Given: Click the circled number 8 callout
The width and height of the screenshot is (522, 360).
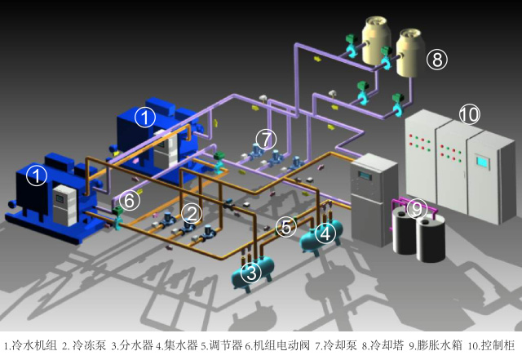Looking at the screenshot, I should [x=437, y=59].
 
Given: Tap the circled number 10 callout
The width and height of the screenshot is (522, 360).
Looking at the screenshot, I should [x=469, y=115].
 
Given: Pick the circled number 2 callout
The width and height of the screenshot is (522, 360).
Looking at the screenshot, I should [x=191, y=213].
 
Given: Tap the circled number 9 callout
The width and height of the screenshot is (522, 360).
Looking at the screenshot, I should [x=416, y=210].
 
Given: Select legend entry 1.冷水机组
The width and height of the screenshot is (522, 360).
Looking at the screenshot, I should [x=31, y=345].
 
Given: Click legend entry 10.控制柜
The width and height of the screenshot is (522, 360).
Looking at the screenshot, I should [x=491, y=345].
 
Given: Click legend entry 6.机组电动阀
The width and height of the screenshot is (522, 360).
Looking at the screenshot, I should [x=276, y=345].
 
